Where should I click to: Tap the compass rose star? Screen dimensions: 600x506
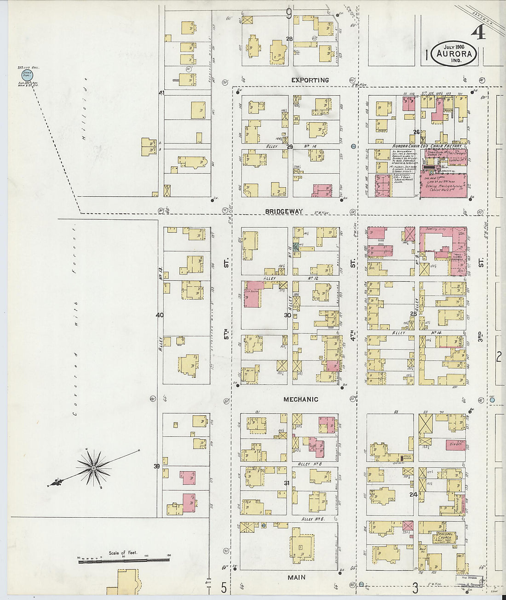click(x=94, y=468)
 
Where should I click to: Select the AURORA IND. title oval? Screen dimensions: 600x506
click(x=454, y=53)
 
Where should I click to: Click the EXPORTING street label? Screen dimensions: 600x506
click(x=310, y=80)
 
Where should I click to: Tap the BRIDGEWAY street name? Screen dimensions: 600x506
click(x=284, y=211)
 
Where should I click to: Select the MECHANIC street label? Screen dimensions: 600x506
click(x=300, y=400)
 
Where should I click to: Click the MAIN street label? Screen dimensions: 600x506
click(x=297, y=577)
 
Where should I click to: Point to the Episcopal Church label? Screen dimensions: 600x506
click(x=444, y=537)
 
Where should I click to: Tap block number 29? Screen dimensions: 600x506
click(x=289, y=146)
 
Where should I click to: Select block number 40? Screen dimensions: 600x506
click(x=159, y=315)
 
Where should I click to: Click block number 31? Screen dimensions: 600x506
click(x=287, y=483)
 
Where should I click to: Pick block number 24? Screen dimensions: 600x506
click(x=413, y=495)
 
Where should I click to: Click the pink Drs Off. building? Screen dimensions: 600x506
click(x=455, y=445)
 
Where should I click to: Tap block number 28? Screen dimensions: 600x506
click(x=289, y=39)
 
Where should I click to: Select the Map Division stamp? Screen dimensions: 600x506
click(x=469, y=581)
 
